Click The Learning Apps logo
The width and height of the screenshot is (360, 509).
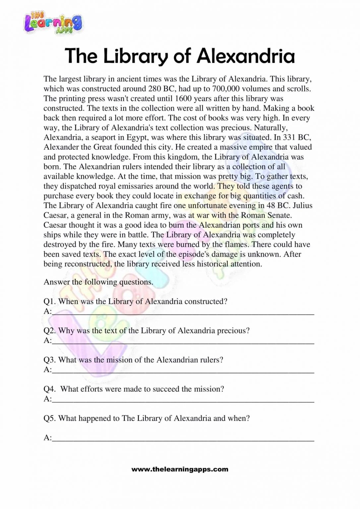click(53, 22)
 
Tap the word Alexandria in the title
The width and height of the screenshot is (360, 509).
click(246, 56)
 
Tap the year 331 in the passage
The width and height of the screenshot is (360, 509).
click(289, 137)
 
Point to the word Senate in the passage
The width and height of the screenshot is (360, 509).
click(279, 215)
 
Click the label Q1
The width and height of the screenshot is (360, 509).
click(50, 302)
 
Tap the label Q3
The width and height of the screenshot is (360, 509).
click(50, 360)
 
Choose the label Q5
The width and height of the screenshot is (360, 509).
click(50, 418)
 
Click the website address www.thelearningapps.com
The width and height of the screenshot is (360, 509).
click(180, 469)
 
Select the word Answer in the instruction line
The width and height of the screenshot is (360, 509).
click(56, 282)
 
